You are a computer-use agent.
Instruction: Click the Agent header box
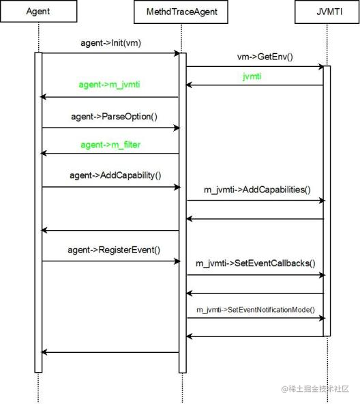click(x=39, y=12)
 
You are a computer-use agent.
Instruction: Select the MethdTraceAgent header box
click(x=181, y=12)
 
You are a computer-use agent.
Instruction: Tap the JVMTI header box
click(x=327, y=12)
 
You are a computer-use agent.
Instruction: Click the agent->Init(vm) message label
click(x=110, y=43)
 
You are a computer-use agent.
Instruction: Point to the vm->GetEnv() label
click(x=265, y=57)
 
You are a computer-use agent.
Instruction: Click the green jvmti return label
click(x=252, y=76)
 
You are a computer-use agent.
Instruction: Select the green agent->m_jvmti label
click(x=109, y=85)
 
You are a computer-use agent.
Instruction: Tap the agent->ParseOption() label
click(x=114, y=117)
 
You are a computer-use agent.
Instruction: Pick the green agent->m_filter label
click(x=110, y=145)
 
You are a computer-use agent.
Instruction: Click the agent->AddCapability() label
click(x=115, y=175)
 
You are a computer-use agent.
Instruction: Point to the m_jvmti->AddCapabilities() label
click(x=257, y=190)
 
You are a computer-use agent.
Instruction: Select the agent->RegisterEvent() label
click(x=114, y=250)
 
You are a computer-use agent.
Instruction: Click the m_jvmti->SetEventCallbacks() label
click(x=256, y=263)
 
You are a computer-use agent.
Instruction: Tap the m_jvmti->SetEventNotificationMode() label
click(x=256, y=310)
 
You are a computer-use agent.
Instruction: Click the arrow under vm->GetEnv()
click(x=255, y=67)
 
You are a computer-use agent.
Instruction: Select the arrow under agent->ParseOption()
click(x=111, y=128)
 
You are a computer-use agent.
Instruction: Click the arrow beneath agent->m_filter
click(x=110, y=154)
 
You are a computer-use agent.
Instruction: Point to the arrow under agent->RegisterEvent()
click(x=111, y=261)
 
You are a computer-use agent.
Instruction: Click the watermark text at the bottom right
click(x=315, y=388)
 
